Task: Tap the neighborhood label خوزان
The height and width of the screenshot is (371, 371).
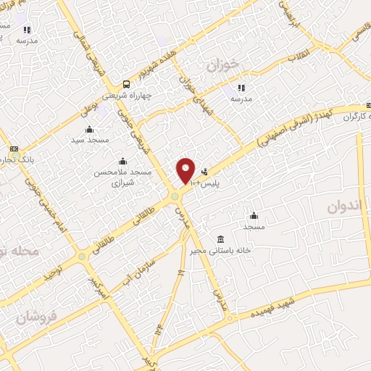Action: coord(222,65)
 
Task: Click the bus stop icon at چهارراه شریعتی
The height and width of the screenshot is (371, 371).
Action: coord(127,83)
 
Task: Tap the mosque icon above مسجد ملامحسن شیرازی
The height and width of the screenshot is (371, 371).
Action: coord(122,161)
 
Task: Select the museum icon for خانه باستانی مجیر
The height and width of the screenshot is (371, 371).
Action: coord(220,239)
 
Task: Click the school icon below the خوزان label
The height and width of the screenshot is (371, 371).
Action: coord(241,88)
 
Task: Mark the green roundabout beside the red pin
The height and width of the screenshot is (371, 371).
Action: coord(175,196)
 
